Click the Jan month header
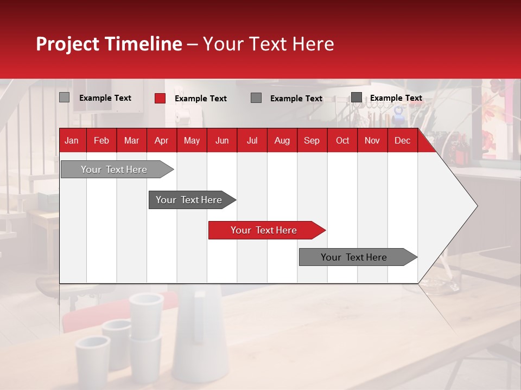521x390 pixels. [x=72, y=140]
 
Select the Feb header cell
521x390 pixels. [x=101, y=140]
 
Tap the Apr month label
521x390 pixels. [x=161, y=140]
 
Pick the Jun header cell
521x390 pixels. [x=222, y=140]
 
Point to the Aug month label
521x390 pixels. [x=282, y=140]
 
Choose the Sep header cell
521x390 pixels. [x=312, y=140]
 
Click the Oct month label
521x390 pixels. [x=342, y=140]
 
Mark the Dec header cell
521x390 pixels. [x=402, y=140]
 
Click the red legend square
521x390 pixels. [x=160, y=98]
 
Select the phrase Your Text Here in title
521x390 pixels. [x=268, y=44]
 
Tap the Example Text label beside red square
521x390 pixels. [x=201, y=99]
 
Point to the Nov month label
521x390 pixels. [x=372, y=140]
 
